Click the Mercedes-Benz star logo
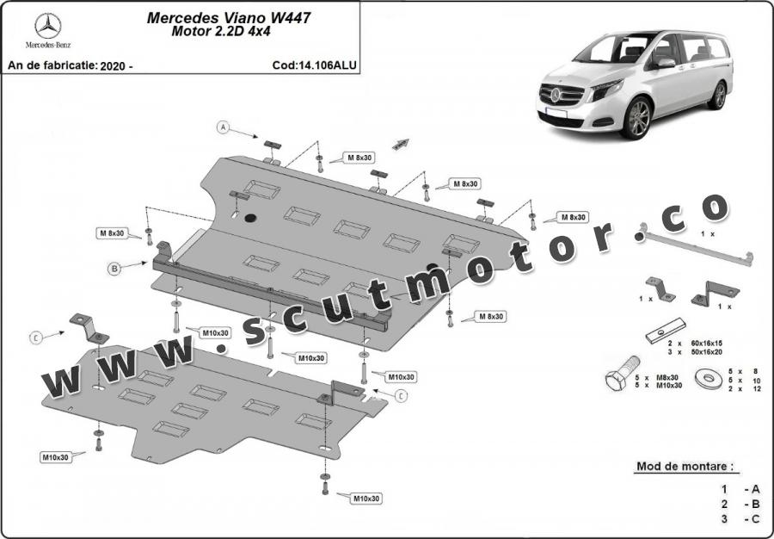(46, 24)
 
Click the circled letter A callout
(224, 127)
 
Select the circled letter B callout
(114, 269)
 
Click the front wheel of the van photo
(637, 119)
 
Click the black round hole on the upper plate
(250, 218)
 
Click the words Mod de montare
(685, 467)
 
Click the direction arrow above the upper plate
(400, 144)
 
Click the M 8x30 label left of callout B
(112, 233)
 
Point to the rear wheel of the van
(718, 95)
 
